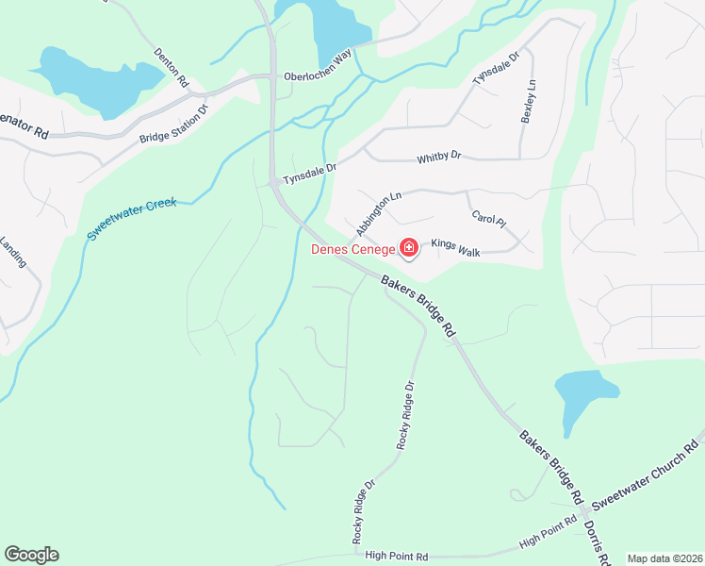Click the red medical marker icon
409,249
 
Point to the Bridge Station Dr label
173,125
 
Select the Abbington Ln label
379,215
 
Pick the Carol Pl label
488,219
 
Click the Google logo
31,555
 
